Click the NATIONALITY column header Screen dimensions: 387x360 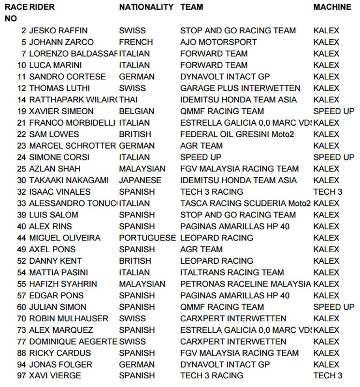coord(146,7)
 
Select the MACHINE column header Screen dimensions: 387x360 coord(332,7)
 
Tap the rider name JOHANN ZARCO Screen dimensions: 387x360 coord(61,42)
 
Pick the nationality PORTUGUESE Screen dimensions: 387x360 coord(147,238)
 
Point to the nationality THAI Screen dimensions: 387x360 coord(129,100)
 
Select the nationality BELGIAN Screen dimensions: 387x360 coord(137,111)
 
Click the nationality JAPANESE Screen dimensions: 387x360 coord(140,180)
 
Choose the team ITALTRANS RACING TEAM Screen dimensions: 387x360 coord(232,272)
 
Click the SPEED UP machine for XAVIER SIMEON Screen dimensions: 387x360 coord(333,111)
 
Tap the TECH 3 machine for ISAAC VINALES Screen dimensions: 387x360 coord(328,192)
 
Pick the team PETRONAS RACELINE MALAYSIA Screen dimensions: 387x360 coord(245,284)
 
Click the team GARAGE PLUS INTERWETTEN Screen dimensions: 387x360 coord(240,88)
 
